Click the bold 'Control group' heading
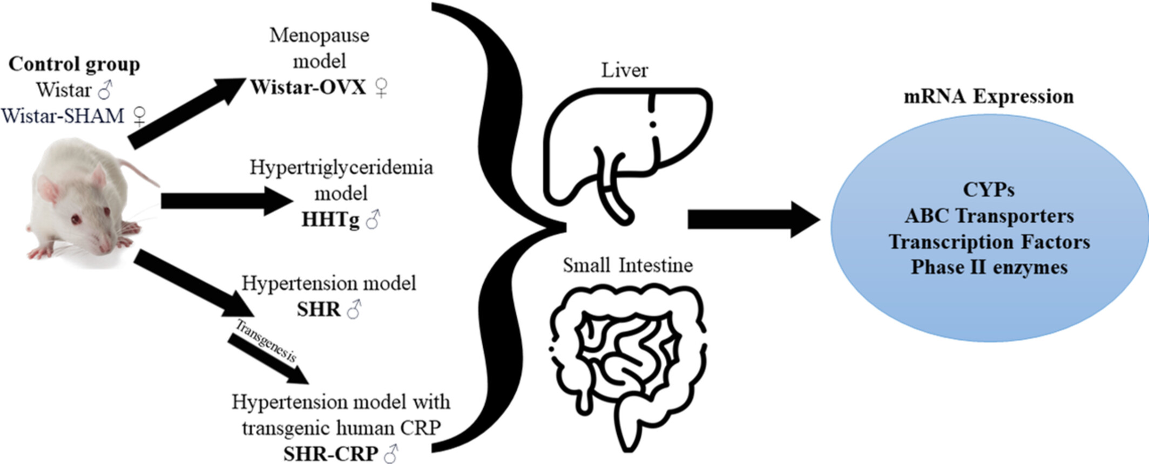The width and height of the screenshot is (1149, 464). [x=74, y=64]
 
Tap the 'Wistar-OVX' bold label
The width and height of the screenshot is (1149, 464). [x=308, y=87]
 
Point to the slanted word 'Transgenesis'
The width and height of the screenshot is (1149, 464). [x=265, y=341]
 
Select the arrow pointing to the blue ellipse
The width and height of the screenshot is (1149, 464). [x=753, y=220]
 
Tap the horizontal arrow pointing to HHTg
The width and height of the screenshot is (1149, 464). [x=227, y=201]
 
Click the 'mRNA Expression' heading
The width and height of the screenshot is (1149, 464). [x=989, y=97]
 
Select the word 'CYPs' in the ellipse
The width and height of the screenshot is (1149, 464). [x=989, y=190]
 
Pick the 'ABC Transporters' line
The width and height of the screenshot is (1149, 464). [x=989, y=216]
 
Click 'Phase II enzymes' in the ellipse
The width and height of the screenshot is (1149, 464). [x=989, y=267]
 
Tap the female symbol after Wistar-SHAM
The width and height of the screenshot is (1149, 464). [x=140, y=116]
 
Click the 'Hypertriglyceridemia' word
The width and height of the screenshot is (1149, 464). [x=341, y=167]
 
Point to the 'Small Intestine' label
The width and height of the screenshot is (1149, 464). [x=627, y=265]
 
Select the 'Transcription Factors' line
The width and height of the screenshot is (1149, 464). [x=989, y=242]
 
